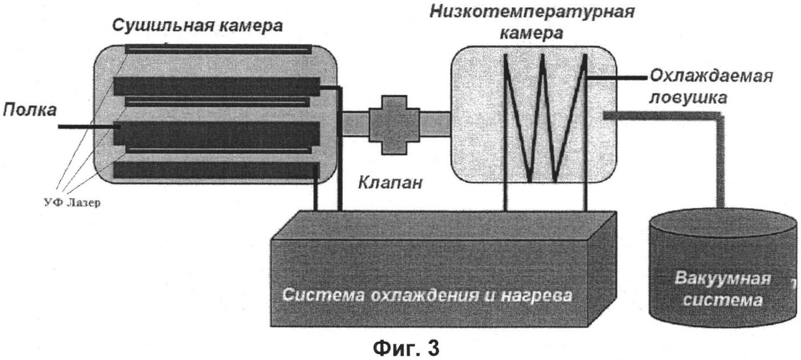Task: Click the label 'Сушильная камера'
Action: (x=197, y=26)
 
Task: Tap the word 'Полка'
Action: (x=30, y=110)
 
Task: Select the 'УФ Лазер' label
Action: (x=72, y=202)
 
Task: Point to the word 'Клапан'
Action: (x=390, y=183)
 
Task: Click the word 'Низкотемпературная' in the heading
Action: (x=532, y=11)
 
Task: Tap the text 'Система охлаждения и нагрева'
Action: (x=427, y=295)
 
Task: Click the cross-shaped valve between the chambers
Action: (x=394, y=124)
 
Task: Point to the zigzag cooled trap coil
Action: (x=545, y=118)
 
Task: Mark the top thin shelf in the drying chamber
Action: (x=218, y=48)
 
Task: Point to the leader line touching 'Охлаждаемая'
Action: (x=618, y=79)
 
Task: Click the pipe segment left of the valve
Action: (x=355, y=124)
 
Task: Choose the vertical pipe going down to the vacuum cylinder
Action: (x=720, y=164)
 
